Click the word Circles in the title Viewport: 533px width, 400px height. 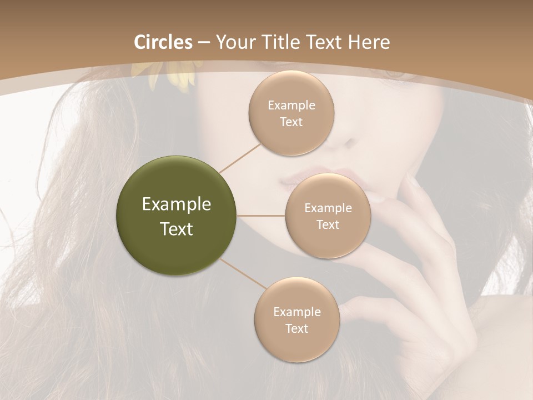click(x=163, y=42)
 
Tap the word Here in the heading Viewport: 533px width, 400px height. click(x=369, y=42)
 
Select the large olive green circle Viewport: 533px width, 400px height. click(x=177, y=216)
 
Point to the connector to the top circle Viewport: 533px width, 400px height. click(x=240, y=157)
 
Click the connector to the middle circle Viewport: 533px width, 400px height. click(x=261, y=216)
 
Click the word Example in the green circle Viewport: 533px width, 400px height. click(x=177, y=204)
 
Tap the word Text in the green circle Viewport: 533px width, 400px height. click(x=177, y=229)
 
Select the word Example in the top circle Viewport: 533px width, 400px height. click(x=291, y=106)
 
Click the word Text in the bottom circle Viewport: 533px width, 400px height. click(x=296, y=329)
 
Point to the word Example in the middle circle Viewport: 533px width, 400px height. click(x=328, y=208)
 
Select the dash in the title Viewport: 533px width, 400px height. click(x=203, y=43)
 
